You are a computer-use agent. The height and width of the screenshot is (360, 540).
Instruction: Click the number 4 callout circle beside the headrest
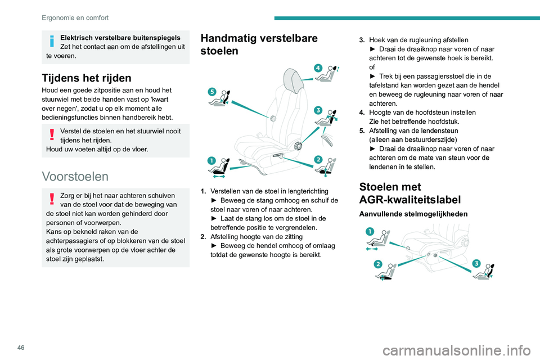[x=318, y=67]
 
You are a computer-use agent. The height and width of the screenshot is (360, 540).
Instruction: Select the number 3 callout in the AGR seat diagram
[x=476, y=264]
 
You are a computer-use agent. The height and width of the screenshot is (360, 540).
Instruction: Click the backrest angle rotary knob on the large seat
[x=298, y=146]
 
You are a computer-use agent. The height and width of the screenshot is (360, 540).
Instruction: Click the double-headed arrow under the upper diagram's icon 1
[x=219, y=176]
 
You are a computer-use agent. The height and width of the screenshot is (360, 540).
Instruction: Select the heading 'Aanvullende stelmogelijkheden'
[x=411, y=214]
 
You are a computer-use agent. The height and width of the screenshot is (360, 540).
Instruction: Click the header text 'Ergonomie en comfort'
[x=75, y=17]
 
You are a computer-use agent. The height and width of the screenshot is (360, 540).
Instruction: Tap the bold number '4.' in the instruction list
[x=363, y=112]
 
